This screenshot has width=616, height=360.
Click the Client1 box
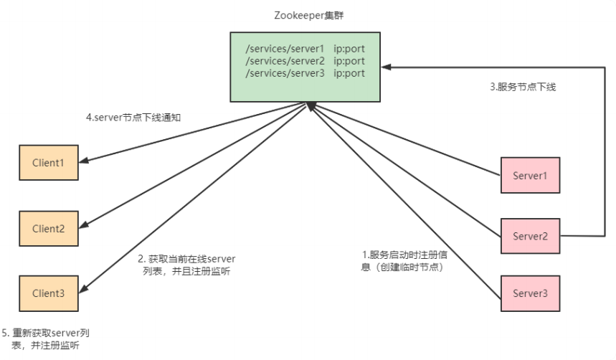coord(49,163)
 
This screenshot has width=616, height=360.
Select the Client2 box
coord(49,228)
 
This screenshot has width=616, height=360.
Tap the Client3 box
coord(49,293)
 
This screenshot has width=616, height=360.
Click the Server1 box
coord(531,175)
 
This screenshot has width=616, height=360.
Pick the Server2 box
coord(531,236)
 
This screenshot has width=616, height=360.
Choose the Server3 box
coord(531,293)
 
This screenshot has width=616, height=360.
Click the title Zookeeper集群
coord(309,15)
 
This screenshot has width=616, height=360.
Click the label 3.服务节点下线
coord(523,87)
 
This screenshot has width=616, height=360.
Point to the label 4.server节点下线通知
coord(133,118)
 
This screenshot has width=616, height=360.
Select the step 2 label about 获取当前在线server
coord(186,265)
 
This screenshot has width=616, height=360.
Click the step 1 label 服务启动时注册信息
coord(404,261)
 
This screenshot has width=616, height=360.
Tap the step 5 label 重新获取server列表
coord(46,339)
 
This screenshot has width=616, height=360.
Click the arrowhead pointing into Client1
coord(83,161)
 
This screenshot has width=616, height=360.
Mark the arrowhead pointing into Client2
coord(83,224)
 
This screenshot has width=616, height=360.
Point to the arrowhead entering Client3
coord(83,289)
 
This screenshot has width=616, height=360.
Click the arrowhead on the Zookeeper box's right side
coord(386,67)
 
